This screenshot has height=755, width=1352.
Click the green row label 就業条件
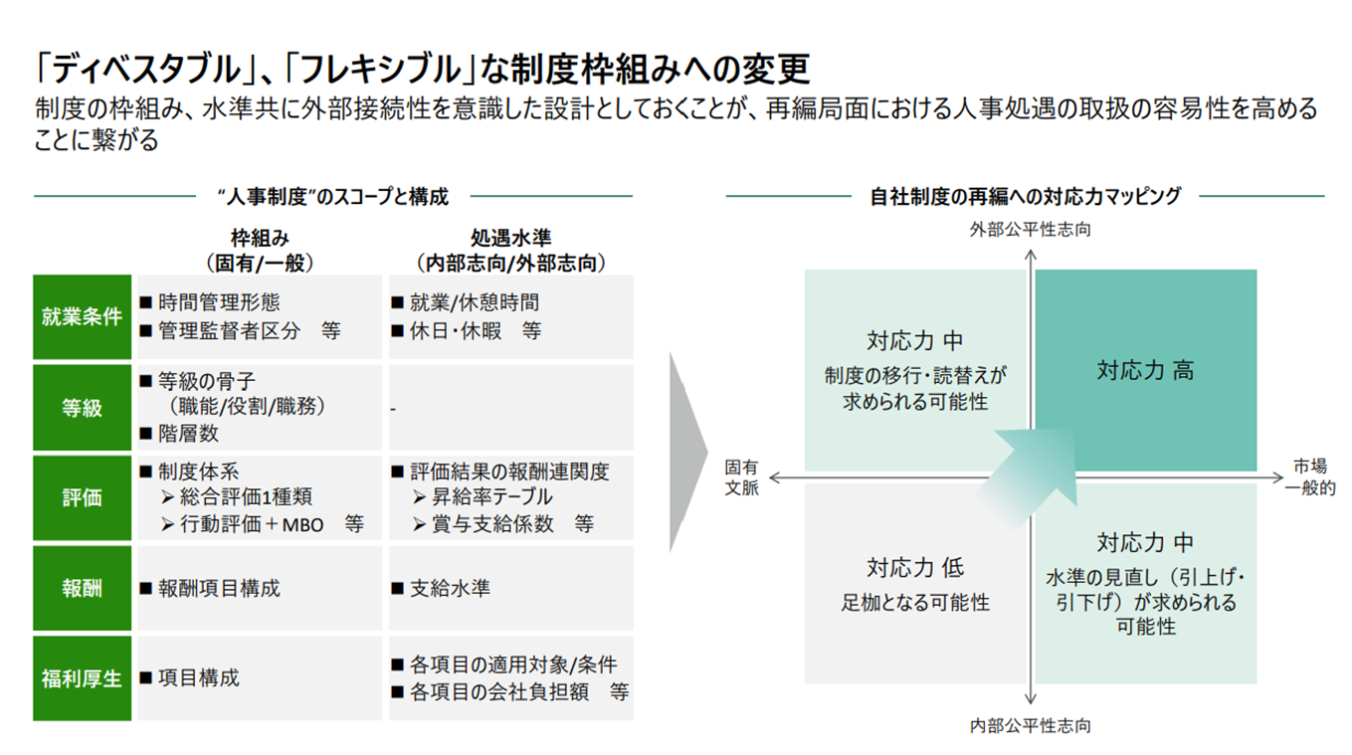tap(82, 316)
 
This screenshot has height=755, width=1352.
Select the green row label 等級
tap(82, 408)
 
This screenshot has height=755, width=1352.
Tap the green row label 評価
tap(82, 497)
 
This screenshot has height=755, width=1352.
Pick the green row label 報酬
tap(82, 588)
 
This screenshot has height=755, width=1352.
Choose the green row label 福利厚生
tap(82, 678)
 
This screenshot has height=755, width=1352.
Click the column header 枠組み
tap(260, 239)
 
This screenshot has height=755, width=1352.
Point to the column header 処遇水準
tap(510, 239)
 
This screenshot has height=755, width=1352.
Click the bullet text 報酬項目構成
tap(219, 588)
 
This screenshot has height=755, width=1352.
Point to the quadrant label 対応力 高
tap(1145, 371)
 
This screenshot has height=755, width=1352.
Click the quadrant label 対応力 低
tap(914, 568)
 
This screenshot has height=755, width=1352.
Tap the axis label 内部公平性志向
tap(1031, 725)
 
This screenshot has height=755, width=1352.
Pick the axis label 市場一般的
tap(1309, 476)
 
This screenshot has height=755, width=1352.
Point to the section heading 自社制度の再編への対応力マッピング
tap(1025, 196)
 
